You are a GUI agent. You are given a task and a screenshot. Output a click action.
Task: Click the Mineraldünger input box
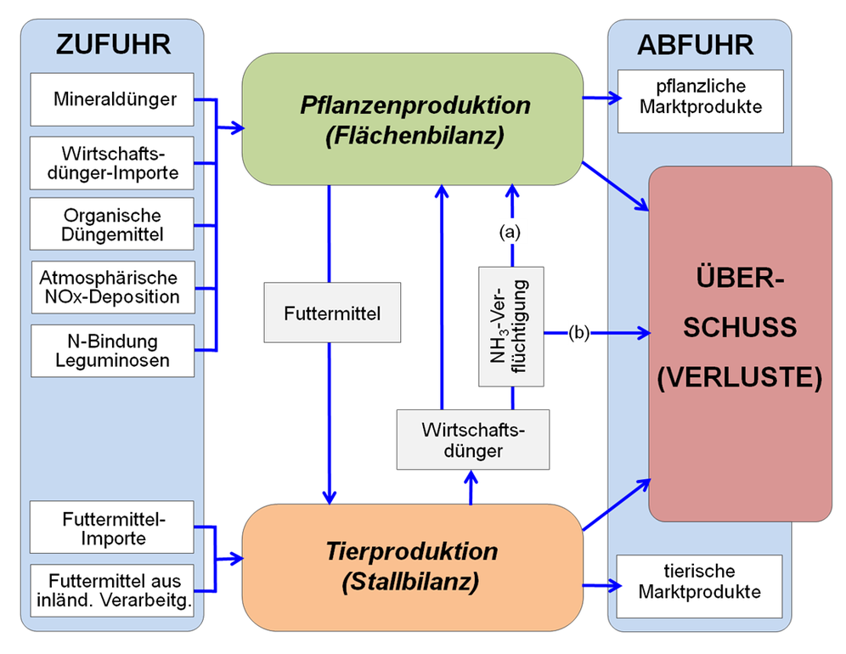(113, 99)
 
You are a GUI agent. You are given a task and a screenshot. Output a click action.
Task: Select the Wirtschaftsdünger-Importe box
(113, 163)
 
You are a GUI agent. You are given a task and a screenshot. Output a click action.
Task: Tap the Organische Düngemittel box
(113, 224)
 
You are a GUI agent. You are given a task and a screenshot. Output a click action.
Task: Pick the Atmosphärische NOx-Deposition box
(113, 288)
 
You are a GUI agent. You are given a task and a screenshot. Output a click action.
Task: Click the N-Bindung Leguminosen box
(113, 350)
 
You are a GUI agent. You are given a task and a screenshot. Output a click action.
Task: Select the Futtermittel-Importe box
(113, 528)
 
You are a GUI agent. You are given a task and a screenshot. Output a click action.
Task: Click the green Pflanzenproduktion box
(413, 119)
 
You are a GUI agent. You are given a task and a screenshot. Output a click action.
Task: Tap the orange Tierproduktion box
(413, 567)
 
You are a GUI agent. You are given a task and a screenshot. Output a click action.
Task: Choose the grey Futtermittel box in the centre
(331, 313)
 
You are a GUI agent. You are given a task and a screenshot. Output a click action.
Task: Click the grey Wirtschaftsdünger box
(473, 439)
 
